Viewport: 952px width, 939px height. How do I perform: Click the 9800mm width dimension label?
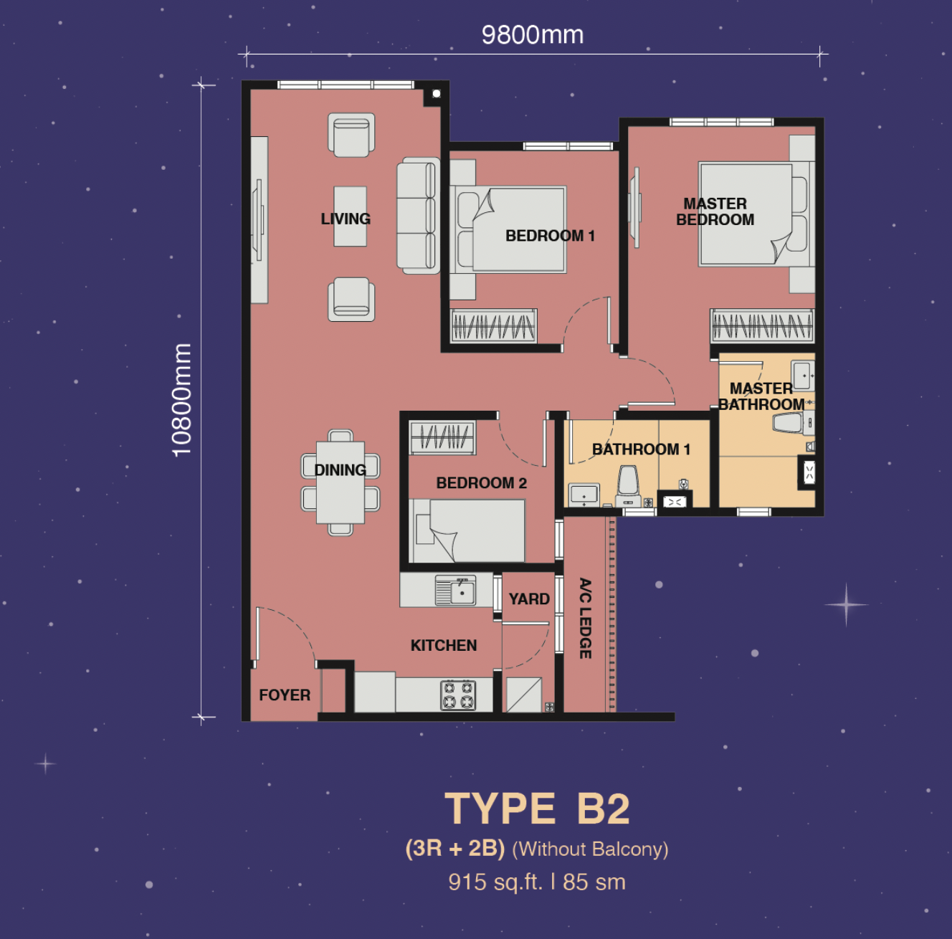[x=532, y=34]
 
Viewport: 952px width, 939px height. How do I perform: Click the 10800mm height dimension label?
[x=182, y=400]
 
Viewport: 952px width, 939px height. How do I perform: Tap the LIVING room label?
[x=346, y=219]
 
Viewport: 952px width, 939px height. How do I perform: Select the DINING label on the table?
[x=340, y=470]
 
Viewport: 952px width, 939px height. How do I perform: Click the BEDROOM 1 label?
[x=550, y=236]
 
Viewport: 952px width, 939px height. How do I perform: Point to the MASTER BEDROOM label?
[x=715, y=212]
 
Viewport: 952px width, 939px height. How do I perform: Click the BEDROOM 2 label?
[x=481, y=483]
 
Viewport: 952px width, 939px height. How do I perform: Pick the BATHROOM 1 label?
[x=641, y=449]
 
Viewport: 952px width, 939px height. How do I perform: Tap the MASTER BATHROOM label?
[x=761, y=396]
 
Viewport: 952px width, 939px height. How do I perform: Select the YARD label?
[x=529, y=599]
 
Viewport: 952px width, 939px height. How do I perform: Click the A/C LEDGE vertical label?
[x=586, y=618]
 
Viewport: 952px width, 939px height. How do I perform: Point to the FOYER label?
[x=285, y=695]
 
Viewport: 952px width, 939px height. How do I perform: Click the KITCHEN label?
[x=444, y=646]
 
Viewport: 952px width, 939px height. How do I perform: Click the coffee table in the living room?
[x=350, y=216]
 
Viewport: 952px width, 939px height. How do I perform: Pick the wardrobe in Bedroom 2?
[x=442, y=437]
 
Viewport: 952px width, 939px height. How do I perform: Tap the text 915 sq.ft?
[x=495, y=882]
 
